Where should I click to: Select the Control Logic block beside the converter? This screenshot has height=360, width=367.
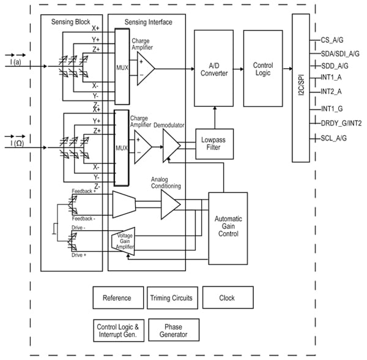[262, 68]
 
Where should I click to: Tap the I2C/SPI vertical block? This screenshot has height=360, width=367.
[300, 88]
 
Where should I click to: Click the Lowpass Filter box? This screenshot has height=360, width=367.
[213, 143]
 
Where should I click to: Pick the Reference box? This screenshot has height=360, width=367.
[116, 298]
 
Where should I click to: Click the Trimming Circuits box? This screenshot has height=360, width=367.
[171, 298]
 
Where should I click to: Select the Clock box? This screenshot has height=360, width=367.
[227, 298]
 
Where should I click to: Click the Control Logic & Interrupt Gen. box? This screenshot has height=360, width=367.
[119, 330]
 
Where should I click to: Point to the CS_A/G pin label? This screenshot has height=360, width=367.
[333, 40]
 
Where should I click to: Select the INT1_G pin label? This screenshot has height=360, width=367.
[332, 108]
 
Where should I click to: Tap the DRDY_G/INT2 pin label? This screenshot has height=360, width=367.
[341, 123]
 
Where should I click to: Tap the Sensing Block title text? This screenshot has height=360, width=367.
[70, 22]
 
